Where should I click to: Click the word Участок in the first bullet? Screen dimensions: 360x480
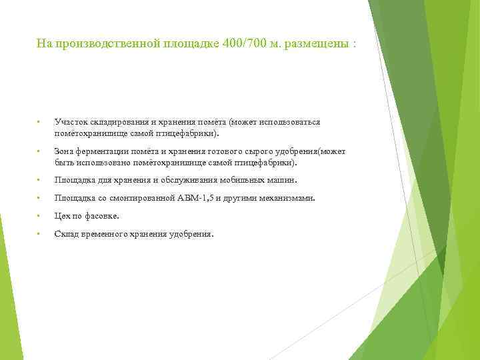click(x=69, y=123)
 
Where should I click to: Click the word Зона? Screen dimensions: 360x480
click(x=64, y=151)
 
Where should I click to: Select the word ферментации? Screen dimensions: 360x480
click(x=99, y=151)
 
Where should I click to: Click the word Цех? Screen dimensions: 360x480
click(x=61, y=216)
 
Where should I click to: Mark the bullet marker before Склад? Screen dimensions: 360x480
click(x=40, y=234)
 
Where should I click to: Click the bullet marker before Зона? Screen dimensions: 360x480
click(x=40, y=151)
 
